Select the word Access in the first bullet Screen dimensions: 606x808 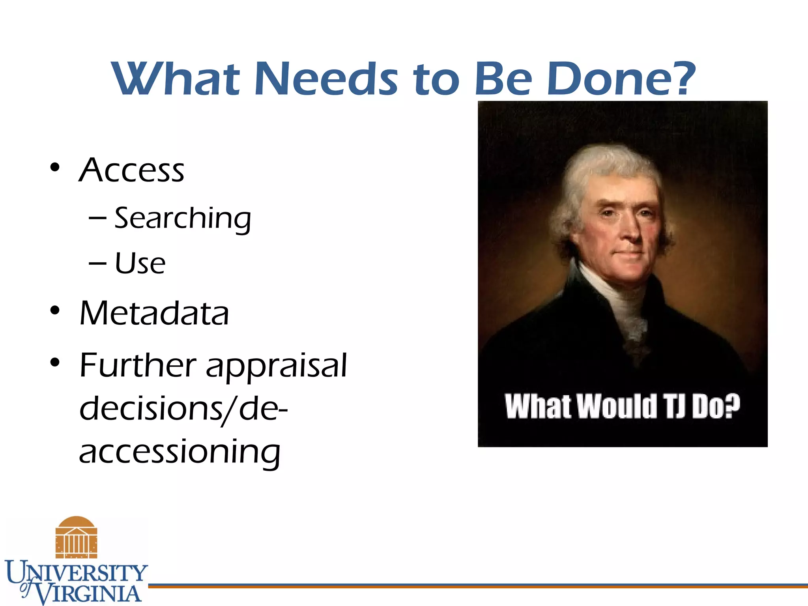point(132,170)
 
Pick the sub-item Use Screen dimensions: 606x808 point(140,263)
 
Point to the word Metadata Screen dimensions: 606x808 point(154,313)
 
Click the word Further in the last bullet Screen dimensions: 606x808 point(138,365)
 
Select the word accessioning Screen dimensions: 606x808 point(180,452)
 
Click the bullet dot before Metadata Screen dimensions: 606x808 point(55,310)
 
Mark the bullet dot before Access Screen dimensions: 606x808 point(55,167)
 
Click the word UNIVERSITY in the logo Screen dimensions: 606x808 point(77,572)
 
